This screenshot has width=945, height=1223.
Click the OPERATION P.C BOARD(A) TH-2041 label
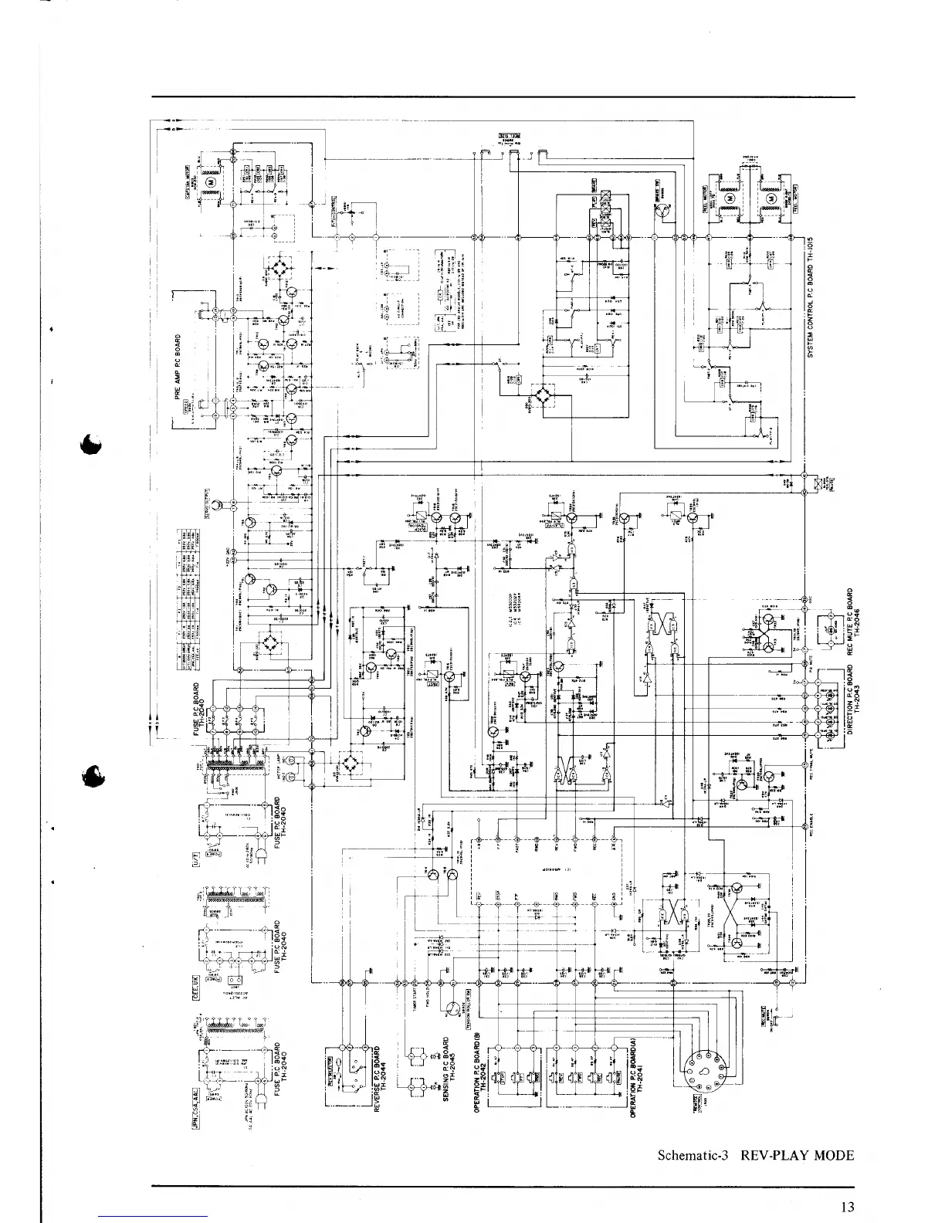point(635,1076)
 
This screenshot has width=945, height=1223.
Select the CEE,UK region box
point(196,989)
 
